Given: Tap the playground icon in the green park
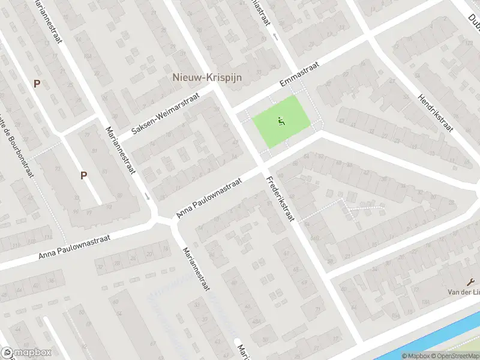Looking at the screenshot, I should pos(280,122).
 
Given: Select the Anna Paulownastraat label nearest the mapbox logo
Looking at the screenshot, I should pos(74,247).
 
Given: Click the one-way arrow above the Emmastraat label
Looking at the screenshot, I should pos(275,37).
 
